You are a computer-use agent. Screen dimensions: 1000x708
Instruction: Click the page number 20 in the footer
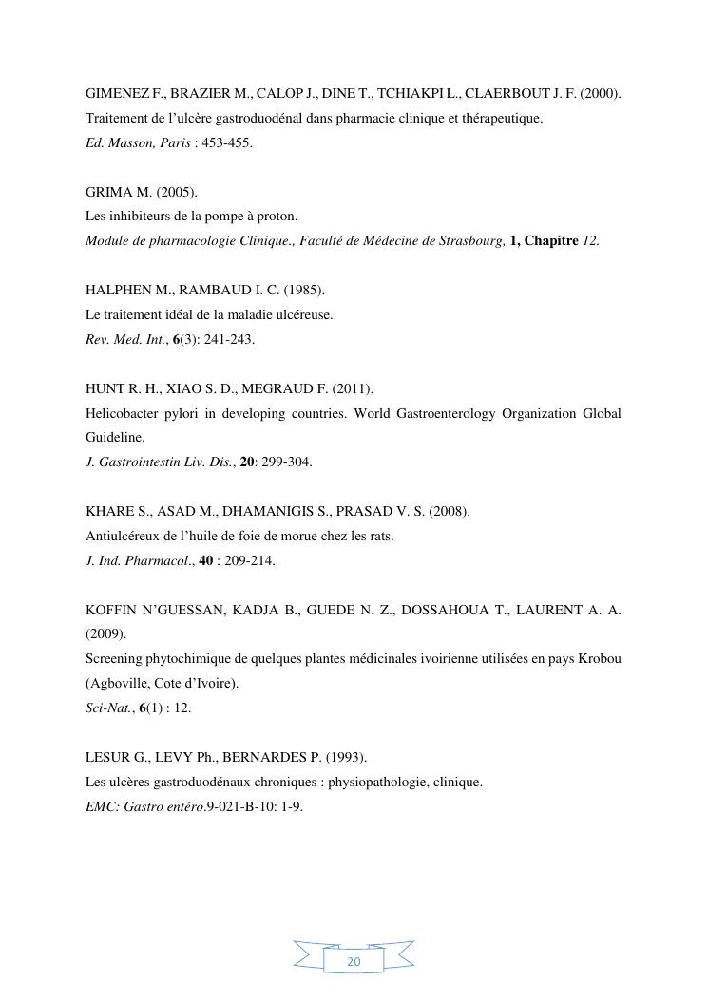(354, 961)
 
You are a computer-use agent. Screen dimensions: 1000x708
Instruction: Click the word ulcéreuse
(297, 314)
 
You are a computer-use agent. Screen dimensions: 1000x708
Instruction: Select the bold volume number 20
(247, 462)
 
